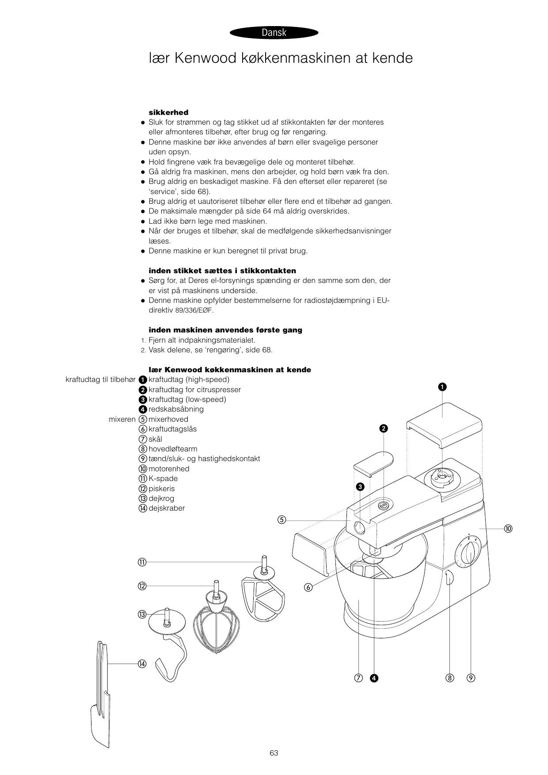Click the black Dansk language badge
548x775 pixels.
(274, 33)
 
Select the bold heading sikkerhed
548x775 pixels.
(168, 112)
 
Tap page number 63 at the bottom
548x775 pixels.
(274, 753)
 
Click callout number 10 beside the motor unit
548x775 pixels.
(508, 529)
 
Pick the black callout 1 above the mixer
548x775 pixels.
(442, 387)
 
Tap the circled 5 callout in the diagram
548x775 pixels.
(282, 520)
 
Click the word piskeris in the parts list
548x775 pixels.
(162, 489)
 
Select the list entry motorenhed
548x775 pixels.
(169, 469)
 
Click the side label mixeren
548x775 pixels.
(122, 419)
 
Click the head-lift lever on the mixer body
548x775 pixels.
(449, 578)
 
